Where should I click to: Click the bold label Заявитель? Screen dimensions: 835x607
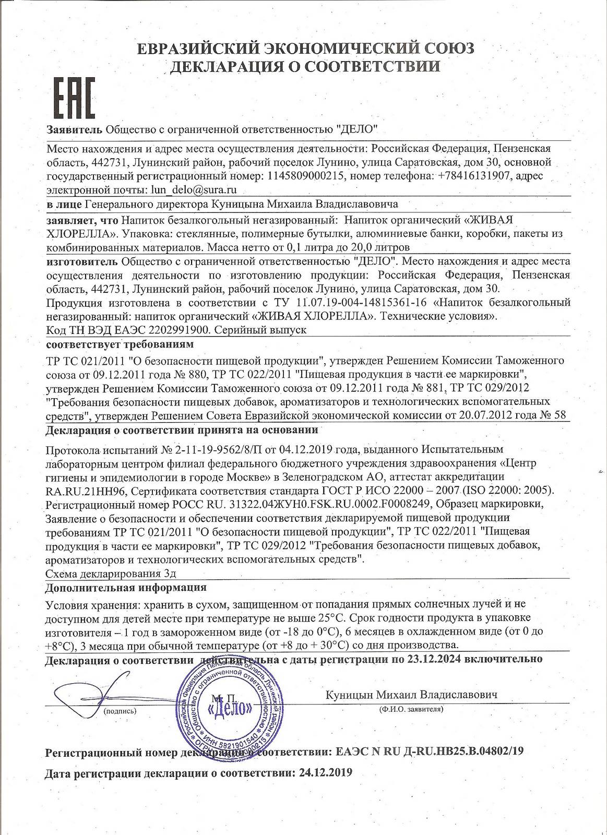point(74,128)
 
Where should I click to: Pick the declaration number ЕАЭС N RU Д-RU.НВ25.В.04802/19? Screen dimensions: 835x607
point(428,751)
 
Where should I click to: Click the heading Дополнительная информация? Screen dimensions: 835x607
point(126,587)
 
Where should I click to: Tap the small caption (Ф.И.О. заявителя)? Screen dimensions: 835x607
point(411,709)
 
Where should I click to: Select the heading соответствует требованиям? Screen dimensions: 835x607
point(120,344)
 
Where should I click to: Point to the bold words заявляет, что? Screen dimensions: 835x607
point(81,219)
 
